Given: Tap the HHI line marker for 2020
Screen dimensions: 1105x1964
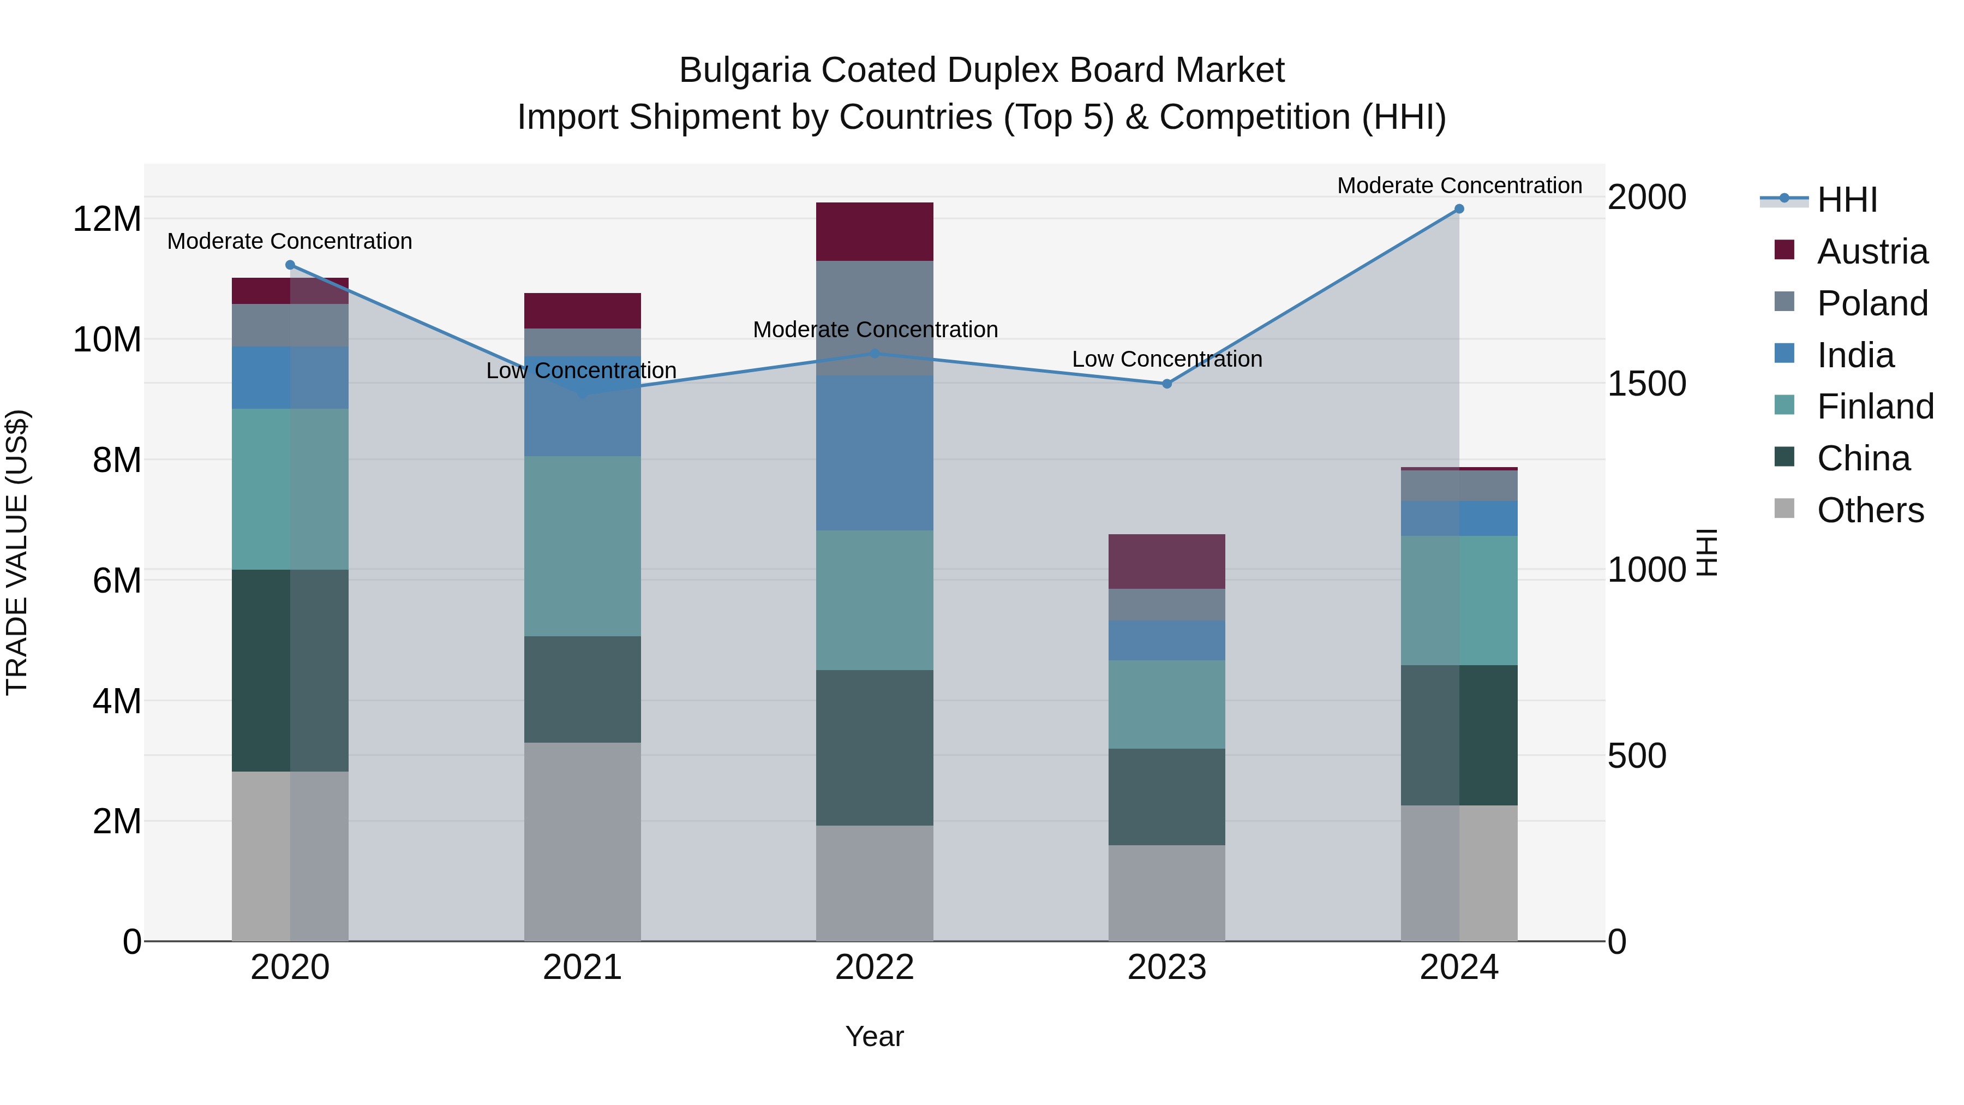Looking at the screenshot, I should tap(290, 265).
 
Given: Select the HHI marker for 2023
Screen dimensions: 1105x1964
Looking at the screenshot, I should tap(1166, 384).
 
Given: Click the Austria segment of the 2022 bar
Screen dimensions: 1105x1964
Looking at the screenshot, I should tap(875, 232).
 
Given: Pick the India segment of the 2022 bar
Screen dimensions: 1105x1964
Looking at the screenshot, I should tap(875, 452).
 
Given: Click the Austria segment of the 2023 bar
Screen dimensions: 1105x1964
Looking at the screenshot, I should tap(1166, 562).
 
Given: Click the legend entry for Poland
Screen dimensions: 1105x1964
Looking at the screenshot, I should tap(1872, 303).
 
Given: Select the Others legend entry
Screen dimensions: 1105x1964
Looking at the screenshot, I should tap(1870, 510).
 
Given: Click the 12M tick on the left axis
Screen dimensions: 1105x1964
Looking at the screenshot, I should tap(107, 219).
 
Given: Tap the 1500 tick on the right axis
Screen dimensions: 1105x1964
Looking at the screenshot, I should tap(1647, 384).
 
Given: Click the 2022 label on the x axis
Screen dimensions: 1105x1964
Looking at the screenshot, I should tap(875, 967).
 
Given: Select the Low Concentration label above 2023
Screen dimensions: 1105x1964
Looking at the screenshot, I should tap(1166, 359).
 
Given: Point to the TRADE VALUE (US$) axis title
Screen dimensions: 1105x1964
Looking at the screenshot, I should tap(17, 552).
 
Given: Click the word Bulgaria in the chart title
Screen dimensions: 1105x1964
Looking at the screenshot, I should tap(744, 70).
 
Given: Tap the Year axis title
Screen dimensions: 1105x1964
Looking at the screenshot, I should tap(875, 1036).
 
